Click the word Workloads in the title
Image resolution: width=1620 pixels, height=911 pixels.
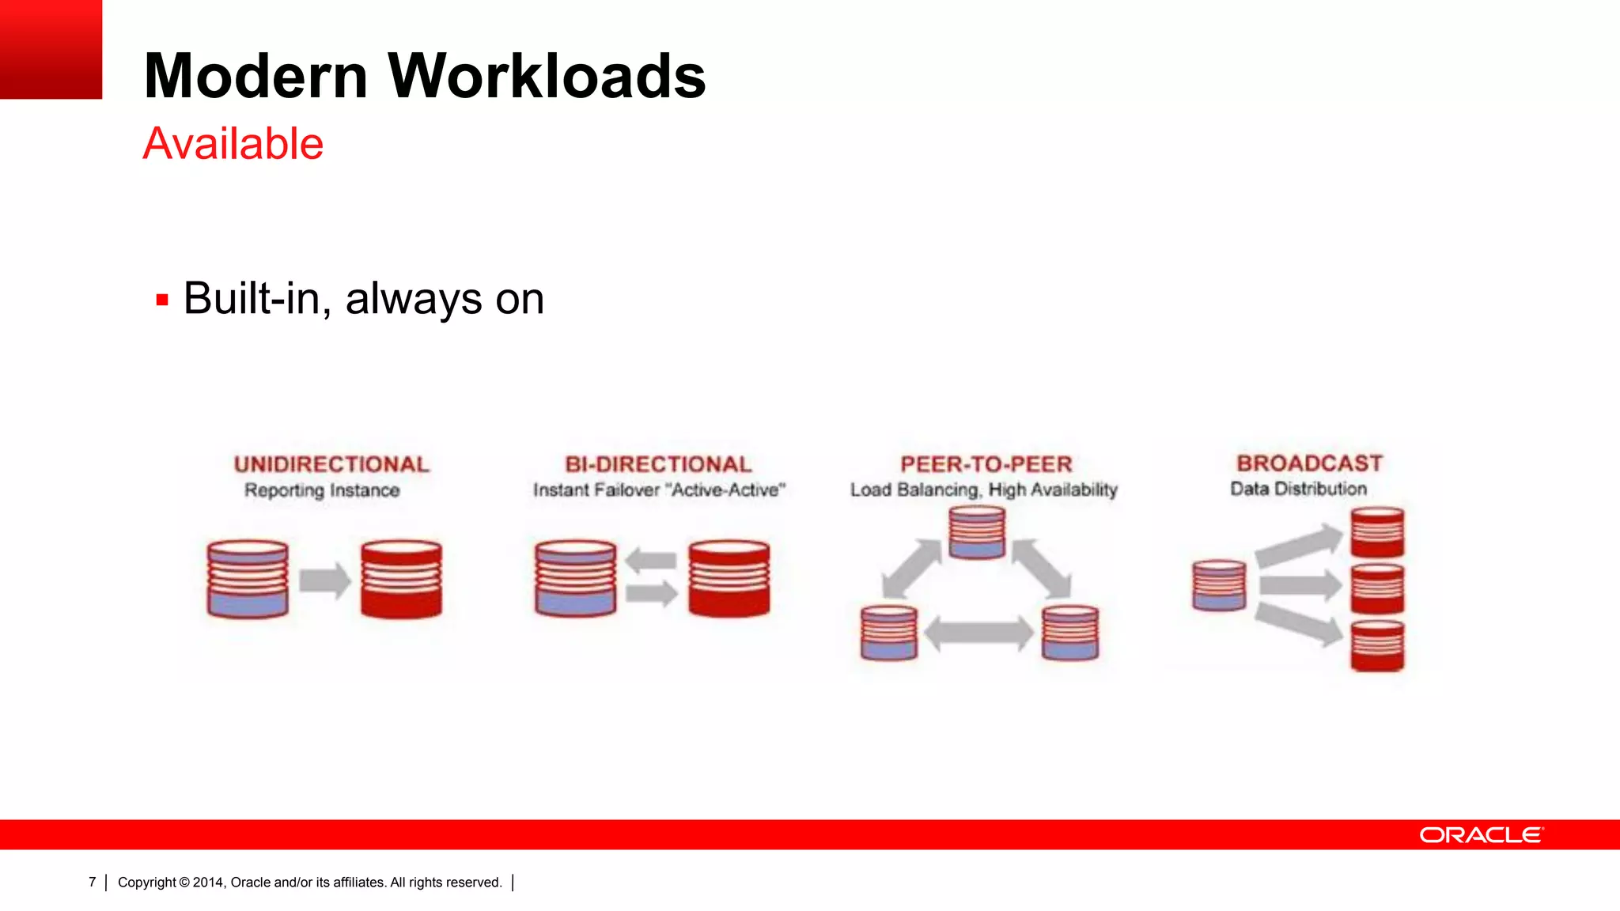pyautogui.click(x=547, y=76)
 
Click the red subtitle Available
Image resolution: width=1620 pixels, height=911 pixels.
pyautogui.click(x=233, y=144)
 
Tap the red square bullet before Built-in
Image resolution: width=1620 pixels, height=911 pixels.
pyautogui.click(x=162, y=300)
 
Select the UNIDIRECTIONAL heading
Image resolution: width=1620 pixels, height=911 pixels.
pyautogui.click(x=331, y=464)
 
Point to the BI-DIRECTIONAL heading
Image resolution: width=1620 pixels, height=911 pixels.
pyautogui.click(x=658, y=464)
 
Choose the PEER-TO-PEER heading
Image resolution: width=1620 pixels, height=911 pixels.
pyautogui.click(x=986, y=464)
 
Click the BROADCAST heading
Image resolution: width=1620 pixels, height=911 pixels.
pyautogui.click(x=1309, y=463)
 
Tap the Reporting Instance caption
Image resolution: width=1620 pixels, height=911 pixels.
pyautogui.click(x=322, y=490)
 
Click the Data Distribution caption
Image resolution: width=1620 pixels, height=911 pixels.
pyautogui.click(x=1298, y=489)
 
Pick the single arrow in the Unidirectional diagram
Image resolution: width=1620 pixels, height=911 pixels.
pyautogui.click(x=325, y=581)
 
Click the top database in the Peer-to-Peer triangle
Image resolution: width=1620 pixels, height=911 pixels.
pyautogui.click(x=977, y=533)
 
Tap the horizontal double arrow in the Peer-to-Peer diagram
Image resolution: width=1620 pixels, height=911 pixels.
pyautogui.click(x=978, y=633)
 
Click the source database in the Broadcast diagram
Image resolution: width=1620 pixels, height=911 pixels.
pyautogui.click(x=1219, y=586)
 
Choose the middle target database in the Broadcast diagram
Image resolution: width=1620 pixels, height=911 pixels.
pyautogui.click(x=1377, y=589)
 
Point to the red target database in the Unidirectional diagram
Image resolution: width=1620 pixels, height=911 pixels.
pyautogui.click(x=401, y=579)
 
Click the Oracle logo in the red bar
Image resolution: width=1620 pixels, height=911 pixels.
pyautogui.click(x=1481, y=835)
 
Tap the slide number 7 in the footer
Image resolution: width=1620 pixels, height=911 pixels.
pyautogui.click(x=93, y=883)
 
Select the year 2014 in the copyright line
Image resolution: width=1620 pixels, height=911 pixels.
pyautogui.click(x=209, y=883)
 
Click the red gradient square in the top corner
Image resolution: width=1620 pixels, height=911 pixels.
pyautogui.click(x=51, y=49)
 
